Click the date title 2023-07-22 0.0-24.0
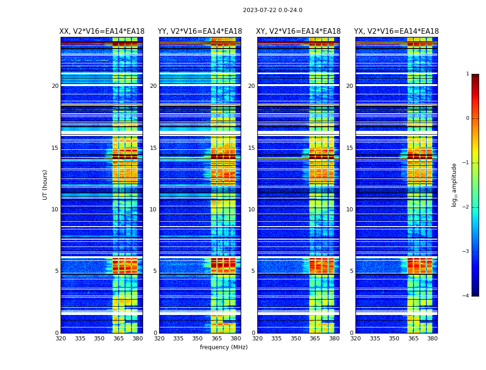pyautogui.click(x=273, y=10)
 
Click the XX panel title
pyautogui.click(x=102, y=31)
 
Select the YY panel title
pyautogui.click(x=200, y=31)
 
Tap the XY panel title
pyautogui.click(x=298, y=31)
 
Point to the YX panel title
pyautogui.click(x=396, y=31)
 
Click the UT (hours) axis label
pyautogui.click(x=45, y=185)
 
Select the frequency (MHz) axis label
pyautogui.click(x=224, y=347)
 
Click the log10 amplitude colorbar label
pyautogui.click(x=455, y=185)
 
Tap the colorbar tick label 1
pyautogui.click(x=467, y=74)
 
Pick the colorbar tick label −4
pyautogui.click(x=466, y=296)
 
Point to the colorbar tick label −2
pyautogui.click(x=466, y=207)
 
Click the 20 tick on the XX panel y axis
pyautogui.click(x=55, y=86)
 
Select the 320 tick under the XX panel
pyautogui.click(x=61, y=339)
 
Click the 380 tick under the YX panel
pyautogui.click(x=432, y=339)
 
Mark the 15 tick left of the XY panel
pyautogui.click(x=252, y=148)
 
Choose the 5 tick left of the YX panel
pyautogui.click(x=352, y=271)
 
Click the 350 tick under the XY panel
pyautogui.click(x=296, y=339)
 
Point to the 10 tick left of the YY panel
pyautogui.click(x=153, y=210)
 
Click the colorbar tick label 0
pyautogui.click(x=467, y=118)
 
